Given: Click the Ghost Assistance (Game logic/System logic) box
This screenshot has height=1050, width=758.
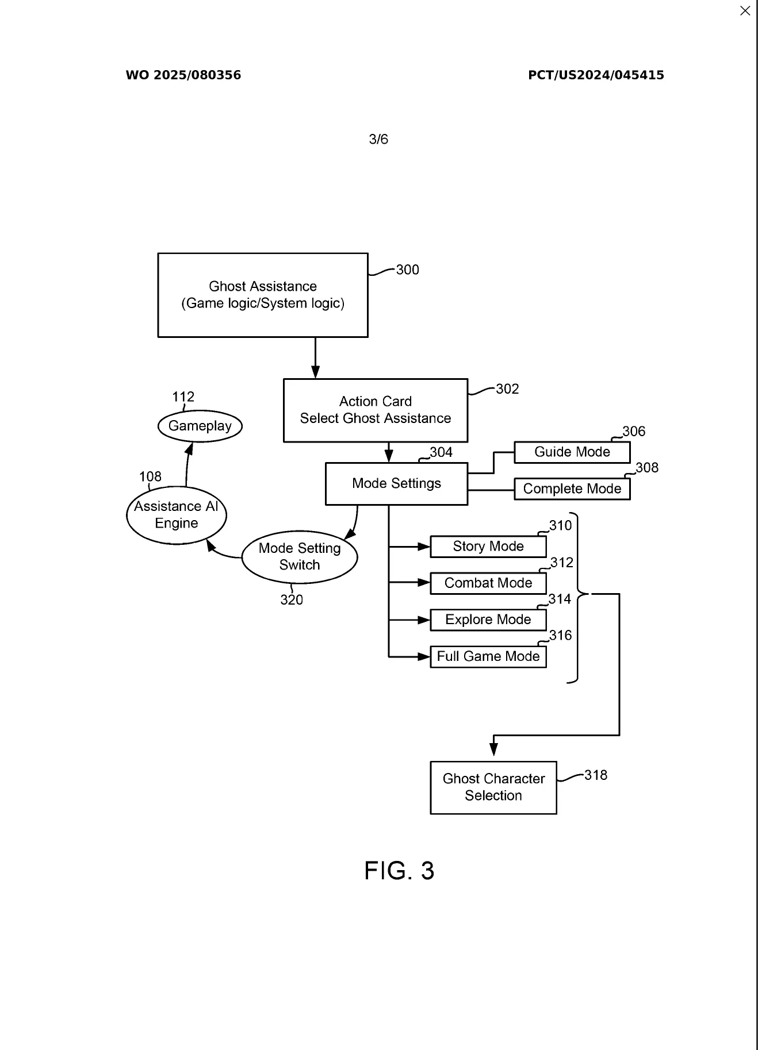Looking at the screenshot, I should coord(263,295).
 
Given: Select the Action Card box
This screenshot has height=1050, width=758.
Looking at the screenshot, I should coord(376,410).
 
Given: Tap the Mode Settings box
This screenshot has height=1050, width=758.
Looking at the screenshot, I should coord(396,483).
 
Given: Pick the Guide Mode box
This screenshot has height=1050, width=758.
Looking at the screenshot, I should coord(572,452).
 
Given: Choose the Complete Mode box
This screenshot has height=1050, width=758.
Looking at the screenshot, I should coord(572,489).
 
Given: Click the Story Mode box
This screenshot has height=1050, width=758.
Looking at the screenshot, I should coord(488,547).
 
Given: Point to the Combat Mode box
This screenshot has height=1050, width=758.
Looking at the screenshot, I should coord(488,583).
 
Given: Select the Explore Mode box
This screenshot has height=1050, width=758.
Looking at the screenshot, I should coord(488,620).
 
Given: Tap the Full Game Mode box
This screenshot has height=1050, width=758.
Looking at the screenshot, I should coord(488,657).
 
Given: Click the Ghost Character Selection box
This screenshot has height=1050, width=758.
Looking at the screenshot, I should coord(493,787).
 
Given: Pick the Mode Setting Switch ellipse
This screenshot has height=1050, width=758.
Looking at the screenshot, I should coord(300,557).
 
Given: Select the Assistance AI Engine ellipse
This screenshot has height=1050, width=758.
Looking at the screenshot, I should coord(177,515).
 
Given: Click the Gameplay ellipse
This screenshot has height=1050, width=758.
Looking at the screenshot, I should coord(200,426).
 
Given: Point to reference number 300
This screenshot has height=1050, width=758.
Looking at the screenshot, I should coord(407,270).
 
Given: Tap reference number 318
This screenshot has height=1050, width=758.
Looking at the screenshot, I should coord(596,775).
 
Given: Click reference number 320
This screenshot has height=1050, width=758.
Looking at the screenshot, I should coord(292,600).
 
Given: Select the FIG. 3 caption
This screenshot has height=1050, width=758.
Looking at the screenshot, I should coord(399,871).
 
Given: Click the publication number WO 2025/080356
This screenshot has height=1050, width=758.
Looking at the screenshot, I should coord(183,75).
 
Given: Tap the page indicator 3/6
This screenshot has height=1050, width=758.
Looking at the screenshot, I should coord(378,139).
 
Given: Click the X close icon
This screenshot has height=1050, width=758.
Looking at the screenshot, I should coord(745,11).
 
